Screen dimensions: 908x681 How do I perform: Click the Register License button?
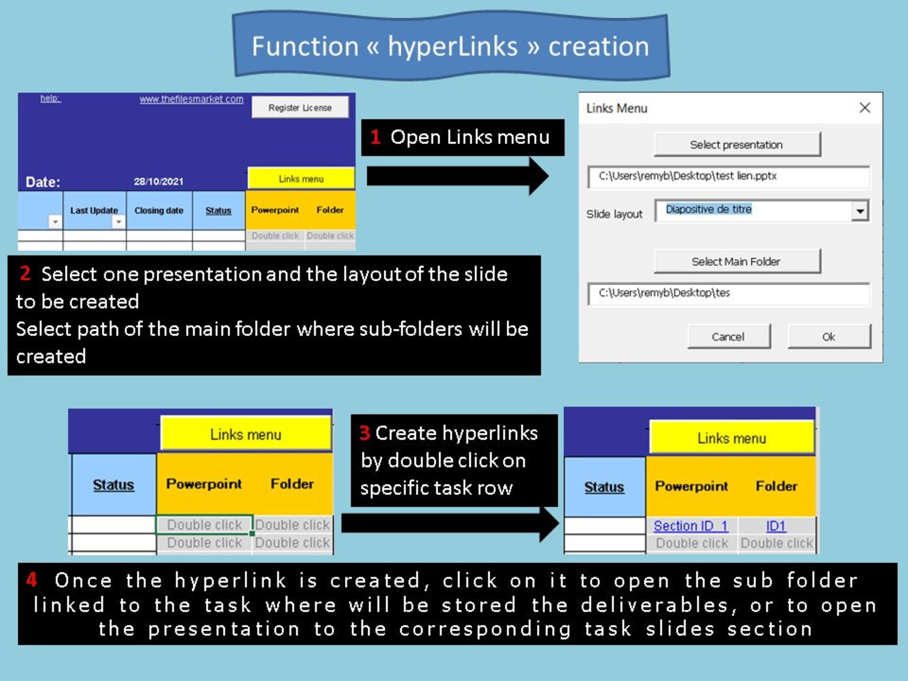coord(300,107)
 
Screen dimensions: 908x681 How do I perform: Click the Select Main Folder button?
coord(737,261)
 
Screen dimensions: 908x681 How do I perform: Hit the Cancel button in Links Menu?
coord(729,337)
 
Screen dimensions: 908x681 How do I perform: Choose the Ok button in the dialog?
coord(829,337)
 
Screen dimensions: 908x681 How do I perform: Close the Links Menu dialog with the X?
coord(865,108)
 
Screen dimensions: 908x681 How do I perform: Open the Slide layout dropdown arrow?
coord(860,211)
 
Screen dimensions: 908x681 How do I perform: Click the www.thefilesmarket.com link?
coord(191,99)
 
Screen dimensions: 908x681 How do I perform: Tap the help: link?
coord(50,98)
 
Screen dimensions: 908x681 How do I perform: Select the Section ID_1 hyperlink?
coord(691,526)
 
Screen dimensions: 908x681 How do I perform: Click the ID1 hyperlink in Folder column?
coord(775,526)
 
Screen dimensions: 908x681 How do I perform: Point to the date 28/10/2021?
coord(158,181)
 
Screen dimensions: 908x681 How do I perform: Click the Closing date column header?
coord(159,210)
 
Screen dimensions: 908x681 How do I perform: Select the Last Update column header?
coord(94,210)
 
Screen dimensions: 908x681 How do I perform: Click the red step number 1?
coord(375,137)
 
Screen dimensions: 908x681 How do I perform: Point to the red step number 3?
coord(364,433)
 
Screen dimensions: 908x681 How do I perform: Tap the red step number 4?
coord(31,580)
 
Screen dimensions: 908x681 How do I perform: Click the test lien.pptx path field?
coord(729,177)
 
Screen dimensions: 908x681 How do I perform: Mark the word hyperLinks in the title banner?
coord(452,46)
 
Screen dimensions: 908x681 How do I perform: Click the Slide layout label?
coord(614,214)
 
